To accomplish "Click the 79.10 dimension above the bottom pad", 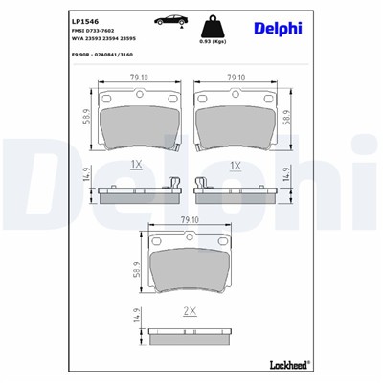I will [190, 220].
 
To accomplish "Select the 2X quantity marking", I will [190, 311].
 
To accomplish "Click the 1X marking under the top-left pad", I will [138, 165].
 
